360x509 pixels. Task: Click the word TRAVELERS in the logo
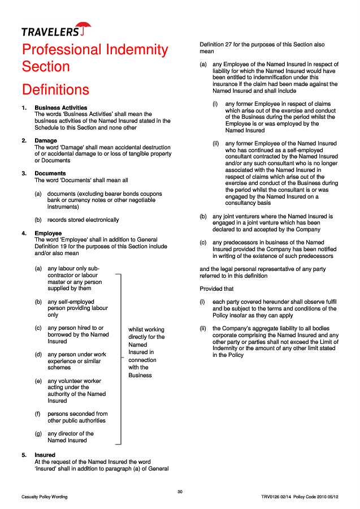(50, 32)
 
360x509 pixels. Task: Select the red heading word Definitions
(55, 90)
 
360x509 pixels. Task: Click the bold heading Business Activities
(61, 107)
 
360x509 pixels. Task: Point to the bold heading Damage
(46, 140)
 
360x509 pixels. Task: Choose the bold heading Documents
(50, 173)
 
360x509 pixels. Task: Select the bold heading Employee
(48, 233)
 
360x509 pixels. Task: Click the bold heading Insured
(45, 455)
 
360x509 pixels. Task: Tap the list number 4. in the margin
(24, 233)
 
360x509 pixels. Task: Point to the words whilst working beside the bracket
(146, 329)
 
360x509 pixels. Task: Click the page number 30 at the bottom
(180, 491)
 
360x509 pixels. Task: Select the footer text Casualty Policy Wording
(45, 497)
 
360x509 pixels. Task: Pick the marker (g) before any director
(38, 434)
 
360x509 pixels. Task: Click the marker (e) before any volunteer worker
(38, 381)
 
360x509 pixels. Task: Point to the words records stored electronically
(83, 219)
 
